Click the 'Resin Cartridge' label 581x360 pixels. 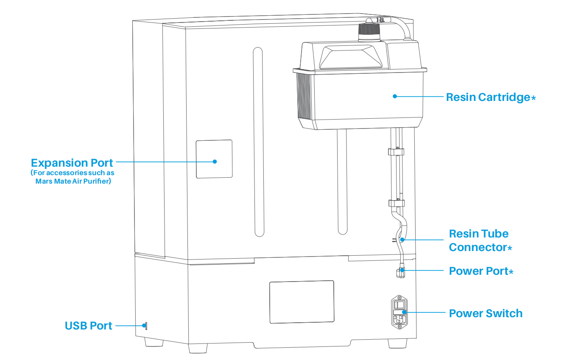click(491, 97)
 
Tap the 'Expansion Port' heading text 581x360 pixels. click(72, 163)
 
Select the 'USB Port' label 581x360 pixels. click(89, 326)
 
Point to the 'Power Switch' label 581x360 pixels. click(486, 313)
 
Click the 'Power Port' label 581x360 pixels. click(481, 271)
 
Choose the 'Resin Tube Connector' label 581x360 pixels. click(480, 240)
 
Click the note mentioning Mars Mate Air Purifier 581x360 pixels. click(73, 177)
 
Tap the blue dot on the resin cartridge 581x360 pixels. click(395, 96)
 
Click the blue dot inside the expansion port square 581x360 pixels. click(215, 162)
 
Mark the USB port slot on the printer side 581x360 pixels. click(146, 326)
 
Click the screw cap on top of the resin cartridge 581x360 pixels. click(369, 32)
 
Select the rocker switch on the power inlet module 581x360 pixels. click(399, 304)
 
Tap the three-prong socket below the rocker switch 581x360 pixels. click(399, 320)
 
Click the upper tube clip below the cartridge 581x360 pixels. click(396, 151)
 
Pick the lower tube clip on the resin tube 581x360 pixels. click(397, 203)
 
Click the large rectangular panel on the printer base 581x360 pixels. click(302, 302)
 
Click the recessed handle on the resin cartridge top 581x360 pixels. click(351, 57)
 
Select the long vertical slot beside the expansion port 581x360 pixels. click(258, 142)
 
